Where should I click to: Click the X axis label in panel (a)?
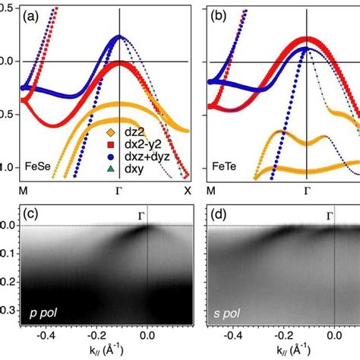click(x=187, y=191)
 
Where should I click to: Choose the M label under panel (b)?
click(x=210, y=191)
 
